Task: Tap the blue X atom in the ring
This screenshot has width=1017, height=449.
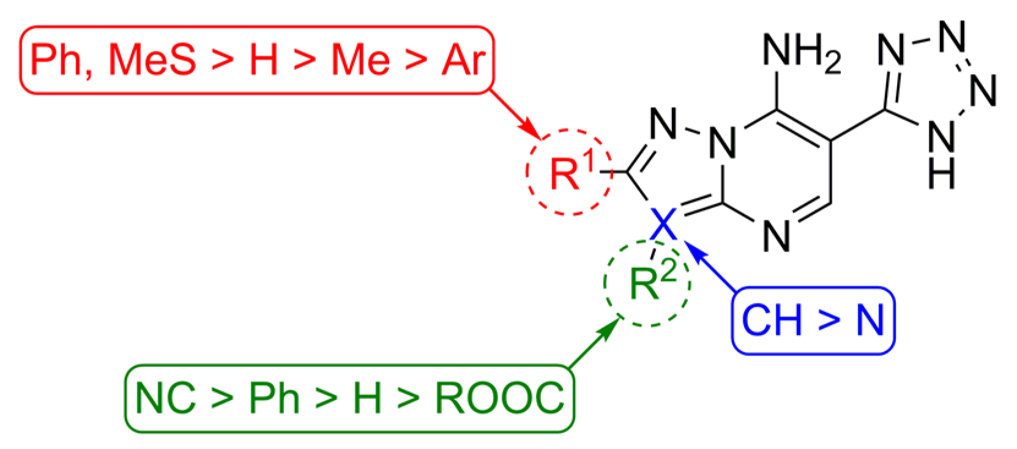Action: [665, 223]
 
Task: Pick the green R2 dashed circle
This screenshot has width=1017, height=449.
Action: [647, 284]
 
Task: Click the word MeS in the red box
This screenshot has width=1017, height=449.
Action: [153, 61]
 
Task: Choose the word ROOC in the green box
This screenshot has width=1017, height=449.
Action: [499, 398]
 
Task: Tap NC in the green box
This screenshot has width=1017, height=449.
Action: [166, 398]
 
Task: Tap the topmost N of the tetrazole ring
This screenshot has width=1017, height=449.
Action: [952, 37]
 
